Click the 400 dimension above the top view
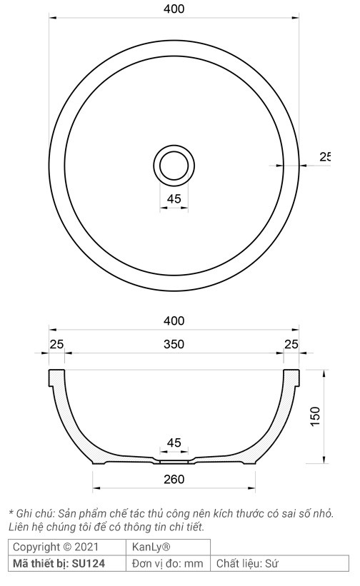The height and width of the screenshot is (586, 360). point(174,9)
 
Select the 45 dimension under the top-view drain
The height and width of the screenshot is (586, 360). point(174,199)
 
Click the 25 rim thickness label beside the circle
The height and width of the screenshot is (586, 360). point(325,157)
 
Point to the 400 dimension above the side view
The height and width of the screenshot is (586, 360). point(174,321)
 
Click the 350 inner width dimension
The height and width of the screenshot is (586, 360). point(174,345)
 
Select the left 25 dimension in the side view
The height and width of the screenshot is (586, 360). point(56,345)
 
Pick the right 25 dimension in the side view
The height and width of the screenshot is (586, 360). point(291,345)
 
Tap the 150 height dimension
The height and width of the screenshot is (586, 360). point(316,416)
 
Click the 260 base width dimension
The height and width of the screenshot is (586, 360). point(174,479)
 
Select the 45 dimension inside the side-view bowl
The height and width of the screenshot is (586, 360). point(174,443)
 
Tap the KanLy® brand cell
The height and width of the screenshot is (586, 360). point(151,547)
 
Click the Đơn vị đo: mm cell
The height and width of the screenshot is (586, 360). point(168,564)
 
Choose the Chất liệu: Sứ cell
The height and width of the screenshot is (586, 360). point(247,564)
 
